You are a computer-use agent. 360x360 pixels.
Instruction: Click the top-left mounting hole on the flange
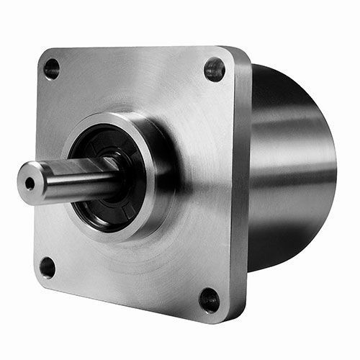(x=51, y=69)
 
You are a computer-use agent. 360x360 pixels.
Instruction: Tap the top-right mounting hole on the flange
(x=214, y=69)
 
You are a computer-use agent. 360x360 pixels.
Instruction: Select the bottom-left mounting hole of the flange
(x=48, y=267)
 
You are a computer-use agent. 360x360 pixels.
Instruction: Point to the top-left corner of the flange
(x=42, y=52)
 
